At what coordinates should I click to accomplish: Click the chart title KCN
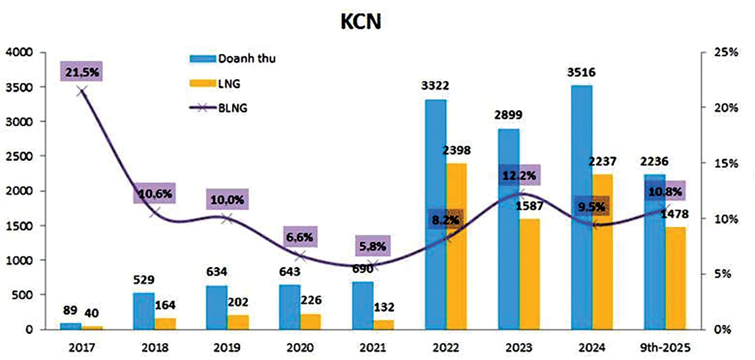361,22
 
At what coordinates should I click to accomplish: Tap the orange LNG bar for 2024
602,252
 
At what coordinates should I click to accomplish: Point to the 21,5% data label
82,72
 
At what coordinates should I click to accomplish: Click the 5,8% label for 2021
372,246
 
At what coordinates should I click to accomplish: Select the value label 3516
581,72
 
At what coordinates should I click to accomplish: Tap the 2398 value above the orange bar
456,150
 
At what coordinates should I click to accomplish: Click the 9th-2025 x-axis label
665,347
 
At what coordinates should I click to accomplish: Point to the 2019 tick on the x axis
227,347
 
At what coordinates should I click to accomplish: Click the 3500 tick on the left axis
19,87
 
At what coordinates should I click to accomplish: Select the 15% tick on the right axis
726,163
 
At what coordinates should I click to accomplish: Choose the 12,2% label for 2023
519,175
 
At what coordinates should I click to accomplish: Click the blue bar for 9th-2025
654,252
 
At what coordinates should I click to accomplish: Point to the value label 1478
674,214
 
